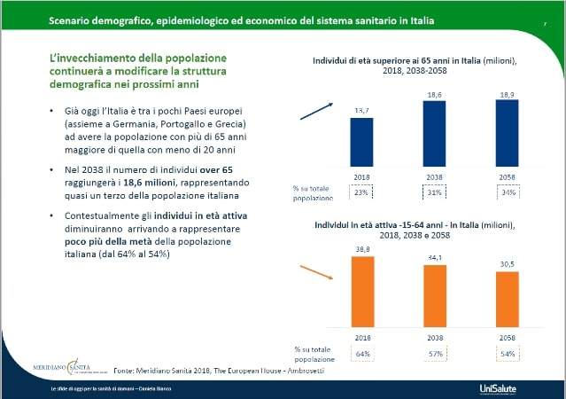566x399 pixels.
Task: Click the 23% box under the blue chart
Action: coord(362,191)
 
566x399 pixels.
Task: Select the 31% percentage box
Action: coord(434,191)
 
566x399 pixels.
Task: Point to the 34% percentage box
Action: coord(506,191)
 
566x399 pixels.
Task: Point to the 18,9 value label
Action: coord(506,92)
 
